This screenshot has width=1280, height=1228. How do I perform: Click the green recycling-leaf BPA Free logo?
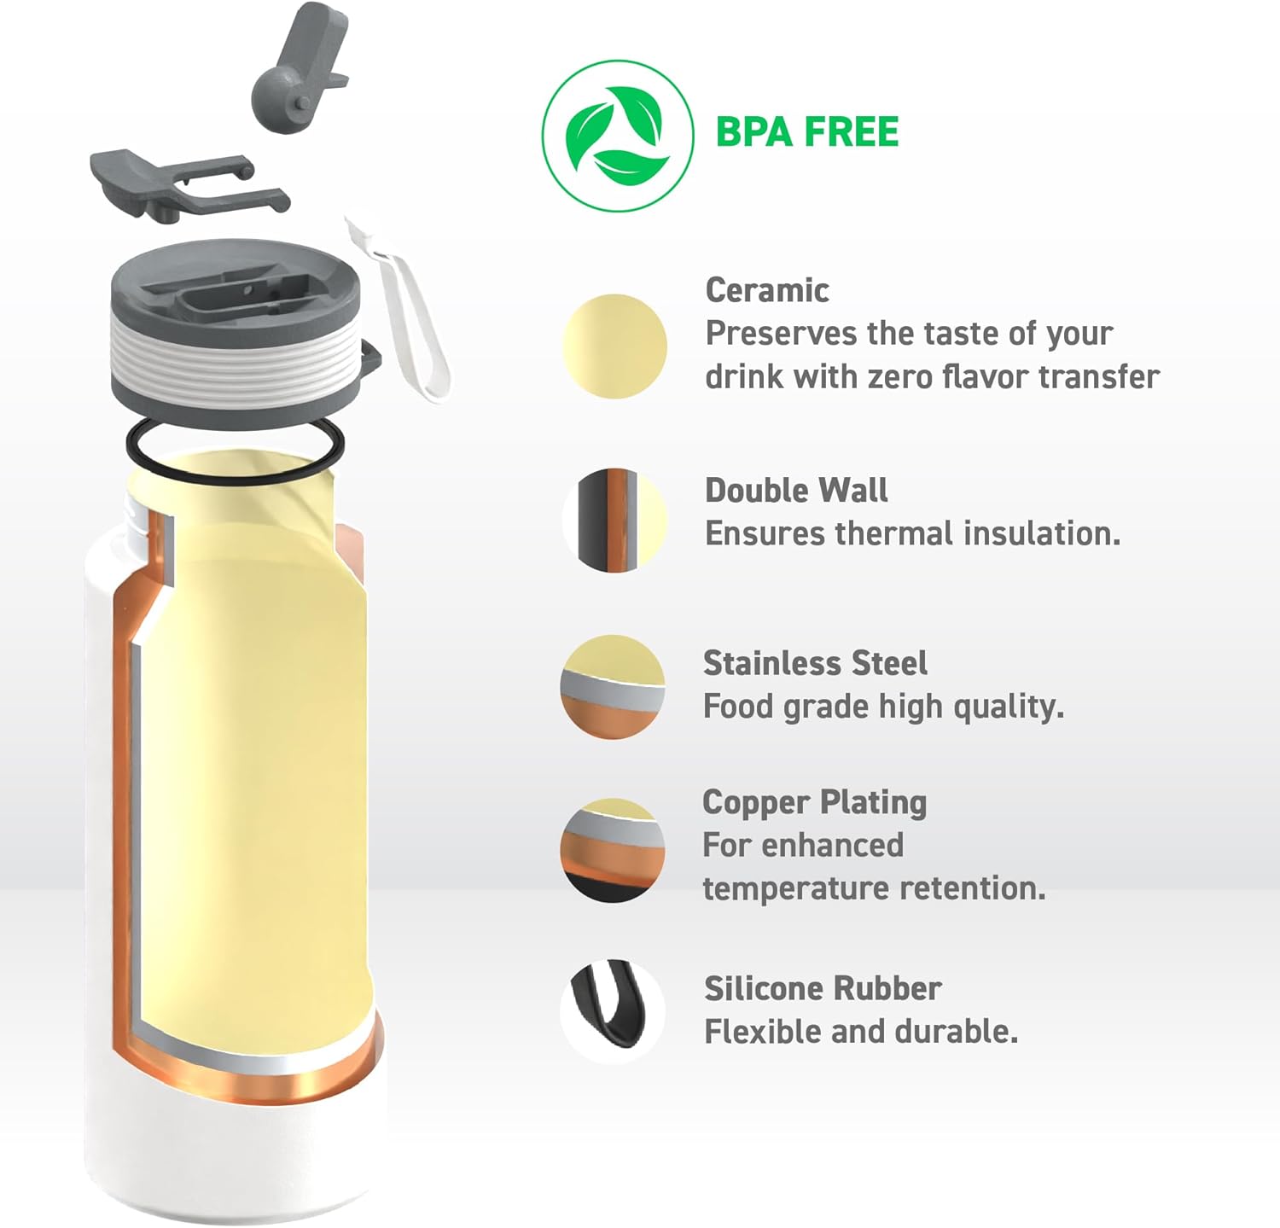tap(617, 136)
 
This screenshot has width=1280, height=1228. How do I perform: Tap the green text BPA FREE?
tap(806, 132)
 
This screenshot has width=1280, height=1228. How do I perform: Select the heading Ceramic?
tap(766, 290)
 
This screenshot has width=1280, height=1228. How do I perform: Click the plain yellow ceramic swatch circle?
tap(614, 346)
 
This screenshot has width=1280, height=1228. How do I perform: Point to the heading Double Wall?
tap(795, 490)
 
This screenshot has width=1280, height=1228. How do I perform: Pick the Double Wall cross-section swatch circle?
tap(614, 520)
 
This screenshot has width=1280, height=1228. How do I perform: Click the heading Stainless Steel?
tap(814, 663)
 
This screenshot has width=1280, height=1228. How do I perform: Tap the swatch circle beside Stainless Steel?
tap(613, 686)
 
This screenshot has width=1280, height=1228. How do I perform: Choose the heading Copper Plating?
tap(814, 802)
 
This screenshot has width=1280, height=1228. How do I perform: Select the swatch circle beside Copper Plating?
tap(613, 850)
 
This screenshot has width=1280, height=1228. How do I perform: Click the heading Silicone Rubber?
tap(822, 988)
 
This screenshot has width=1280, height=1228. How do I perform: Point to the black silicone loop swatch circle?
tap(613, 1010)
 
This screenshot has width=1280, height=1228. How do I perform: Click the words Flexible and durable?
tap(860, 1032)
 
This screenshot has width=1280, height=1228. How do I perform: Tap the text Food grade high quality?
tap(882, 707)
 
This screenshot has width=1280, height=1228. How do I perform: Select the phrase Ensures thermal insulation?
tap(911, 533)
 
